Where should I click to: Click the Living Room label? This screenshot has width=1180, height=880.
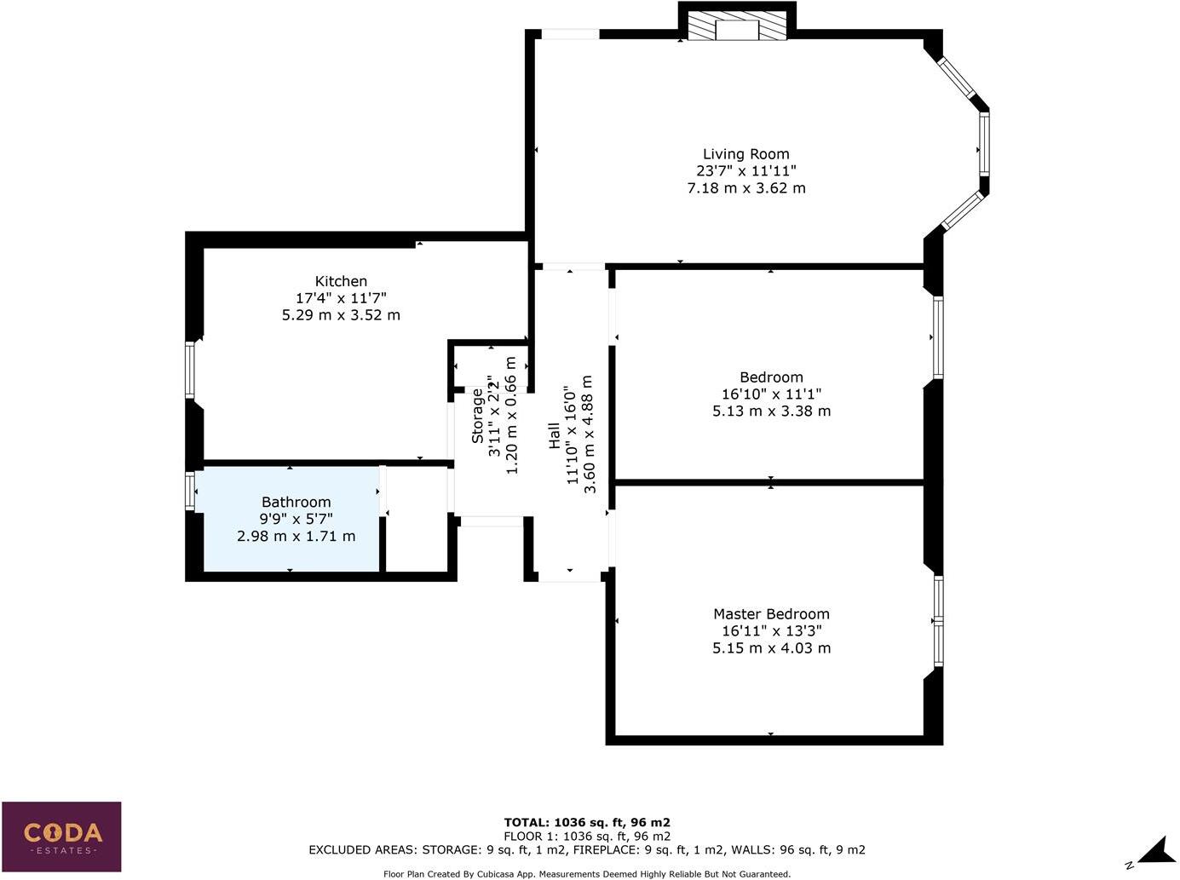click(745, 154)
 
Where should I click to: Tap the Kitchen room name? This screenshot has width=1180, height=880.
click(341, 281)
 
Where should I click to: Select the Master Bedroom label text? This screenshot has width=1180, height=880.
click(771, 614)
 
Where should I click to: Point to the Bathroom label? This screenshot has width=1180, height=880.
click(296, 503)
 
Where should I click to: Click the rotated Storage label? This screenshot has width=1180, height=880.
click(478, 416)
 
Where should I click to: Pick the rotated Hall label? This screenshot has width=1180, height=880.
click(555, 436)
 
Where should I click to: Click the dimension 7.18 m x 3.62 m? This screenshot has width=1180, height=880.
click(745, 188)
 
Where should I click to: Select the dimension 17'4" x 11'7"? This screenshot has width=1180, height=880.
click(341, 298)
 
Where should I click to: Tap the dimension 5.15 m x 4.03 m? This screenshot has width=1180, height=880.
click(771, 648)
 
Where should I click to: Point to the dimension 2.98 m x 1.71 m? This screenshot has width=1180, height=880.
click(296, 537)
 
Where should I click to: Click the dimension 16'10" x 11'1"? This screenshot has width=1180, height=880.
click(771, 394)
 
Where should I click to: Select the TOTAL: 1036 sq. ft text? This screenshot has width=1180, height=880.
click(587, 822)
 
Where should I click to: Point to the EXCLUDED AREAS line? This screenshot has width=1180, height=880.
click(587, 849)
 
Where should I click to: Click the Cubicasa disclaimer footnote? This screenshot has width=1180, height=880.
click(587, 874)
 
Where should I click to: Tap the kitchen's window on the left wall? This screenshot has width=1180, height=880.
click(191, 370)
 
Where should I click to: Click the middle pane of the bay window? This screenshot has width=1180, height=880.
click(984, 145)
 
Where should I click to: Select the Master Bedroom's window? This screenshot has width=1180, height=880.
click(938, 621)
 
